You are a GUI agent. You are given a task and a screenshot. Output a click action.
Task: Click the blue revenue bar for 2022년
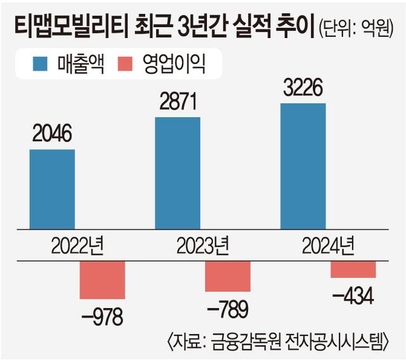(52, 189)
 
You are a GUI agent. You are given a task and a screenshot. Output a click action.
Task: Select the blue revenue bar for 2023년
(177, 172)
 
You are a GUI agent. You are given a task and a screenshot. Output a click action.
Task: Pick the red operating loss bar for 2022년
(102, 280)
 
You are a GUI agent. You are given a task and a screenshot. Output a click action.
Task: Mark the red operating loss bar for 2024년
(353, 269)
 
